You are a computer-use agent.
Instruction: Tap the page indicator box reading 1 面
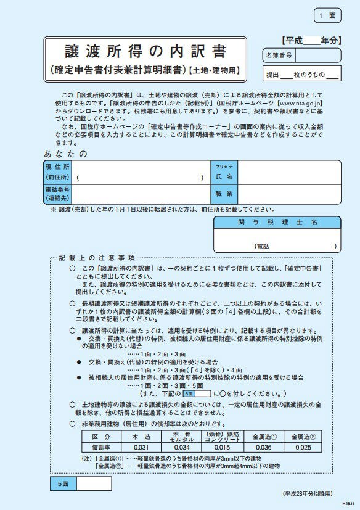coord(328,15)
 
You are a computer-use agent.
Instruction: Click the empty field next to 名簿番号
coord(318,56)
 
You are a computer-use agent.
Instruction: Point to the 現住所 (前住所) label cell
coord(57,172)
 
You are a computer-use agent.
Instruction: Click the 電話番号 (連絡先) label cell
coord(57,194)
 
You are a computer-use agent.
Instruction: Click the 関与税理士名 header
coord(277,222)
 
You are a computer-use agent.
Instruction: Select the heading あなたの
coord(66,153)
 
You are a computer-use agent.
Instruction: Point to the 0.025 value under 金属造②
coord(303,447)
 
